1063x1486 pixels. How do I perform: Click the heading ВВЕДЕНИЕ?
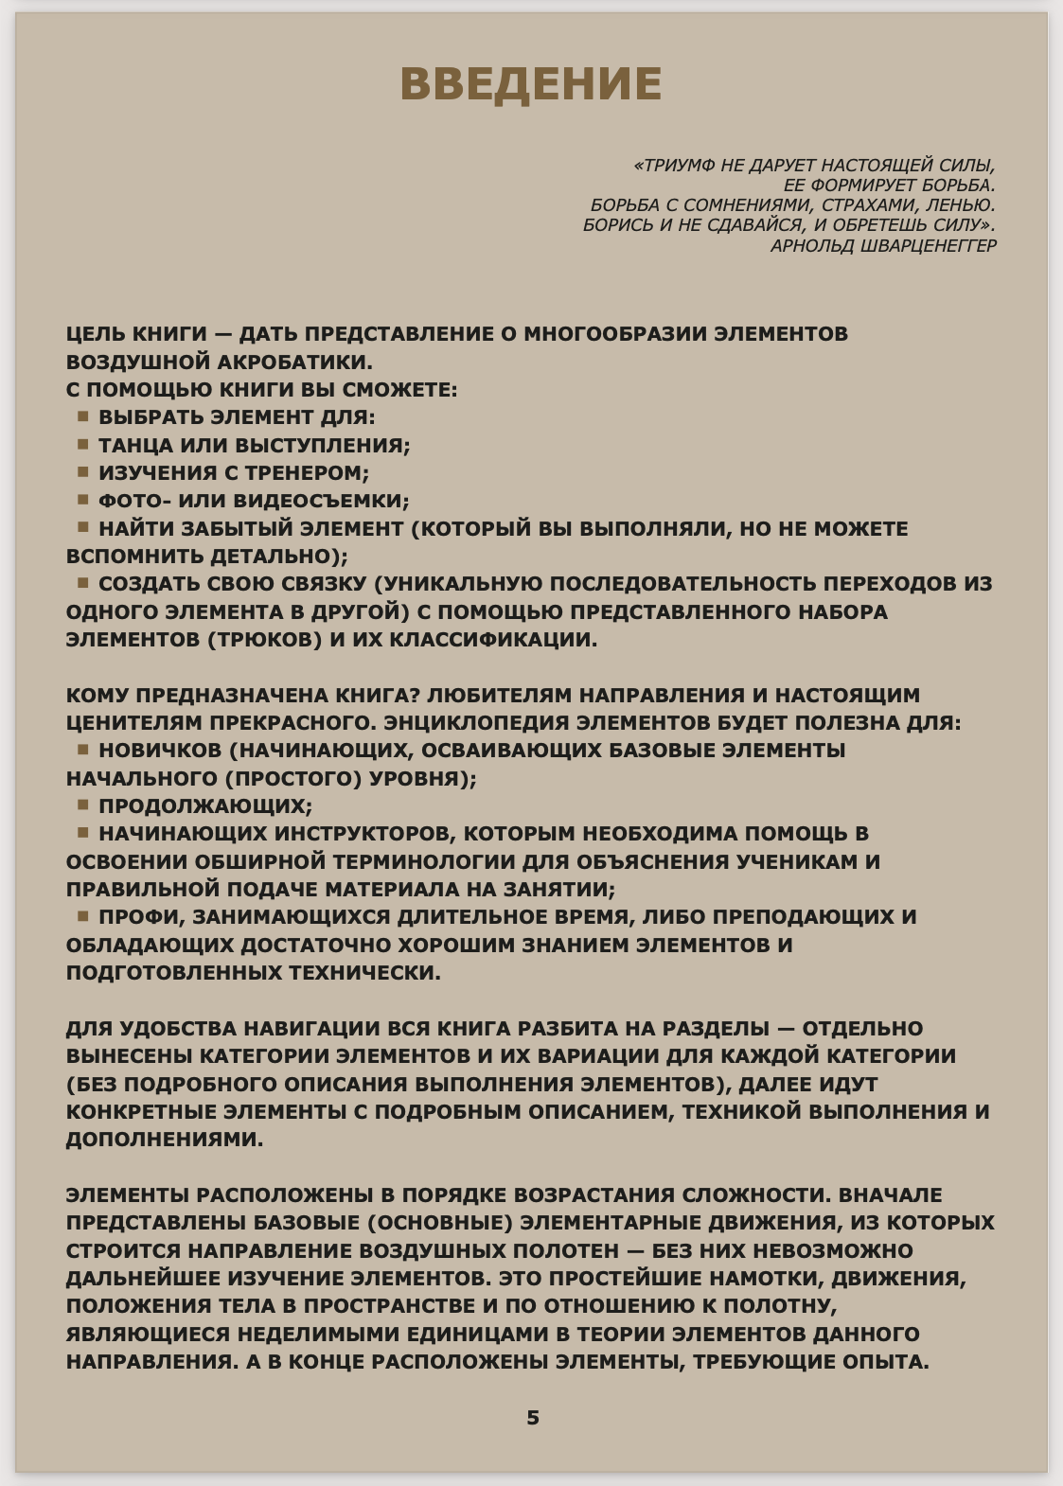tap(531, 84)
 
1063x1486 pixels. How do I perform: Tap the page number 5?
tap(533, 1417)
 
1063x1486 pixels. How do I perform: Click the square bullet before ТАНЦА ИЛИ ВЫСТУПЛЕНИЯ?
tap(83, 444)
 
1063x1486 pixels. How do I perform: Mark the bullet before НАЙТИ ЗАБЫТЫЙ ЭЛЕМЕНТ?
tap(83, 527)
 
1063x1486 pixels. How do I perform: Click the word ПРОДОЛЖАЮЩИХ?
tap(204, 806)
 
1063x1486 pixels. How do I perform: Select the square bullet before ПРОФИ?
tap(83, 916)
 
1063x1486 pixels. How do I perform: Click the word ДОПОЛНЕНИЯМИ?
tap(164, 1140)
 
